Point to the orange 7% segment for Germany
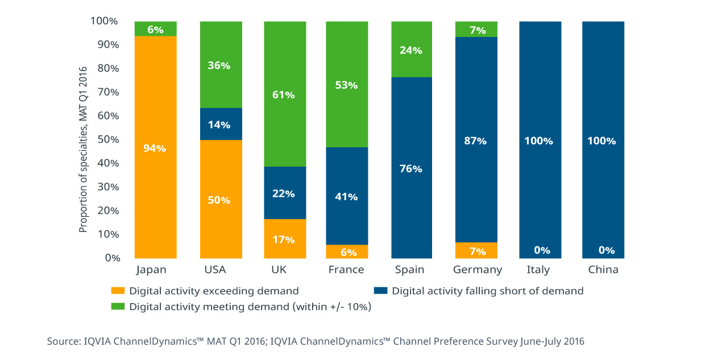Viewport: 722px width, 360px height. [x=476, y=250]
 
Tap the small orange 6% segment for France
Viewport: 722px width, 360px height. [x=347, y=252]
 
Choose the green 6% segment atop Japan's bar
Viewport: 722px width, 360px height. [x=155, y=28]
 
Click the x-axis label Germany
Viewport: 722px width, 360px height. [x=478, y=270]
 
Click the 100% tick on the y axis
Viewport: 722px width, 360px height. [x=105, y=21]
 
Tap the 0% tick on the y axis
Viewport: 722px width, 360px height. [x=111, y=258]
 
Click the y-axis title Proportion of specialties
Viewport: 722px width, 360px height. [x=83, y=149]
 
